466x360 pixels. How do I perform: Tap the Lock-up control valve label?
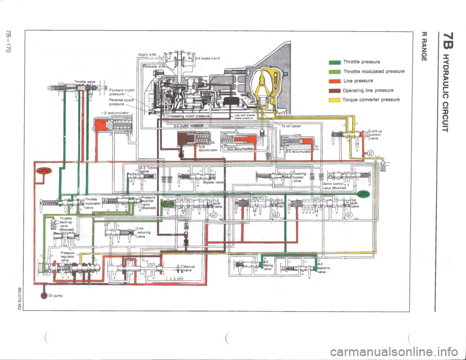pyautogui.click(x=377, y=134)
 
